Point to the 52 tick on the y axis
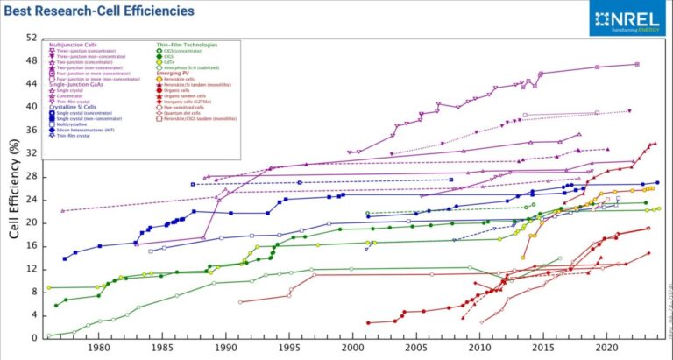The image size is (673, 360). pyautogui.click(x=32, y=38)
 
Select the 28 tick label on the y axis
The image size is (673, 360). pyautogui.click(x=32, y=176)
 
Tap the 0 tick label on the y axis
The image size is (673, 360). pyautogui.click(x=35, y=338)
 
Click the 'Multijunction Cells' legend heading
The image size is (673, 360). pyautogui.click(x=71, y=44)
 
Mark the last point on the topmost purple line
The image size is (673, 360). pyautogui.click(x=637, y=64)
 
